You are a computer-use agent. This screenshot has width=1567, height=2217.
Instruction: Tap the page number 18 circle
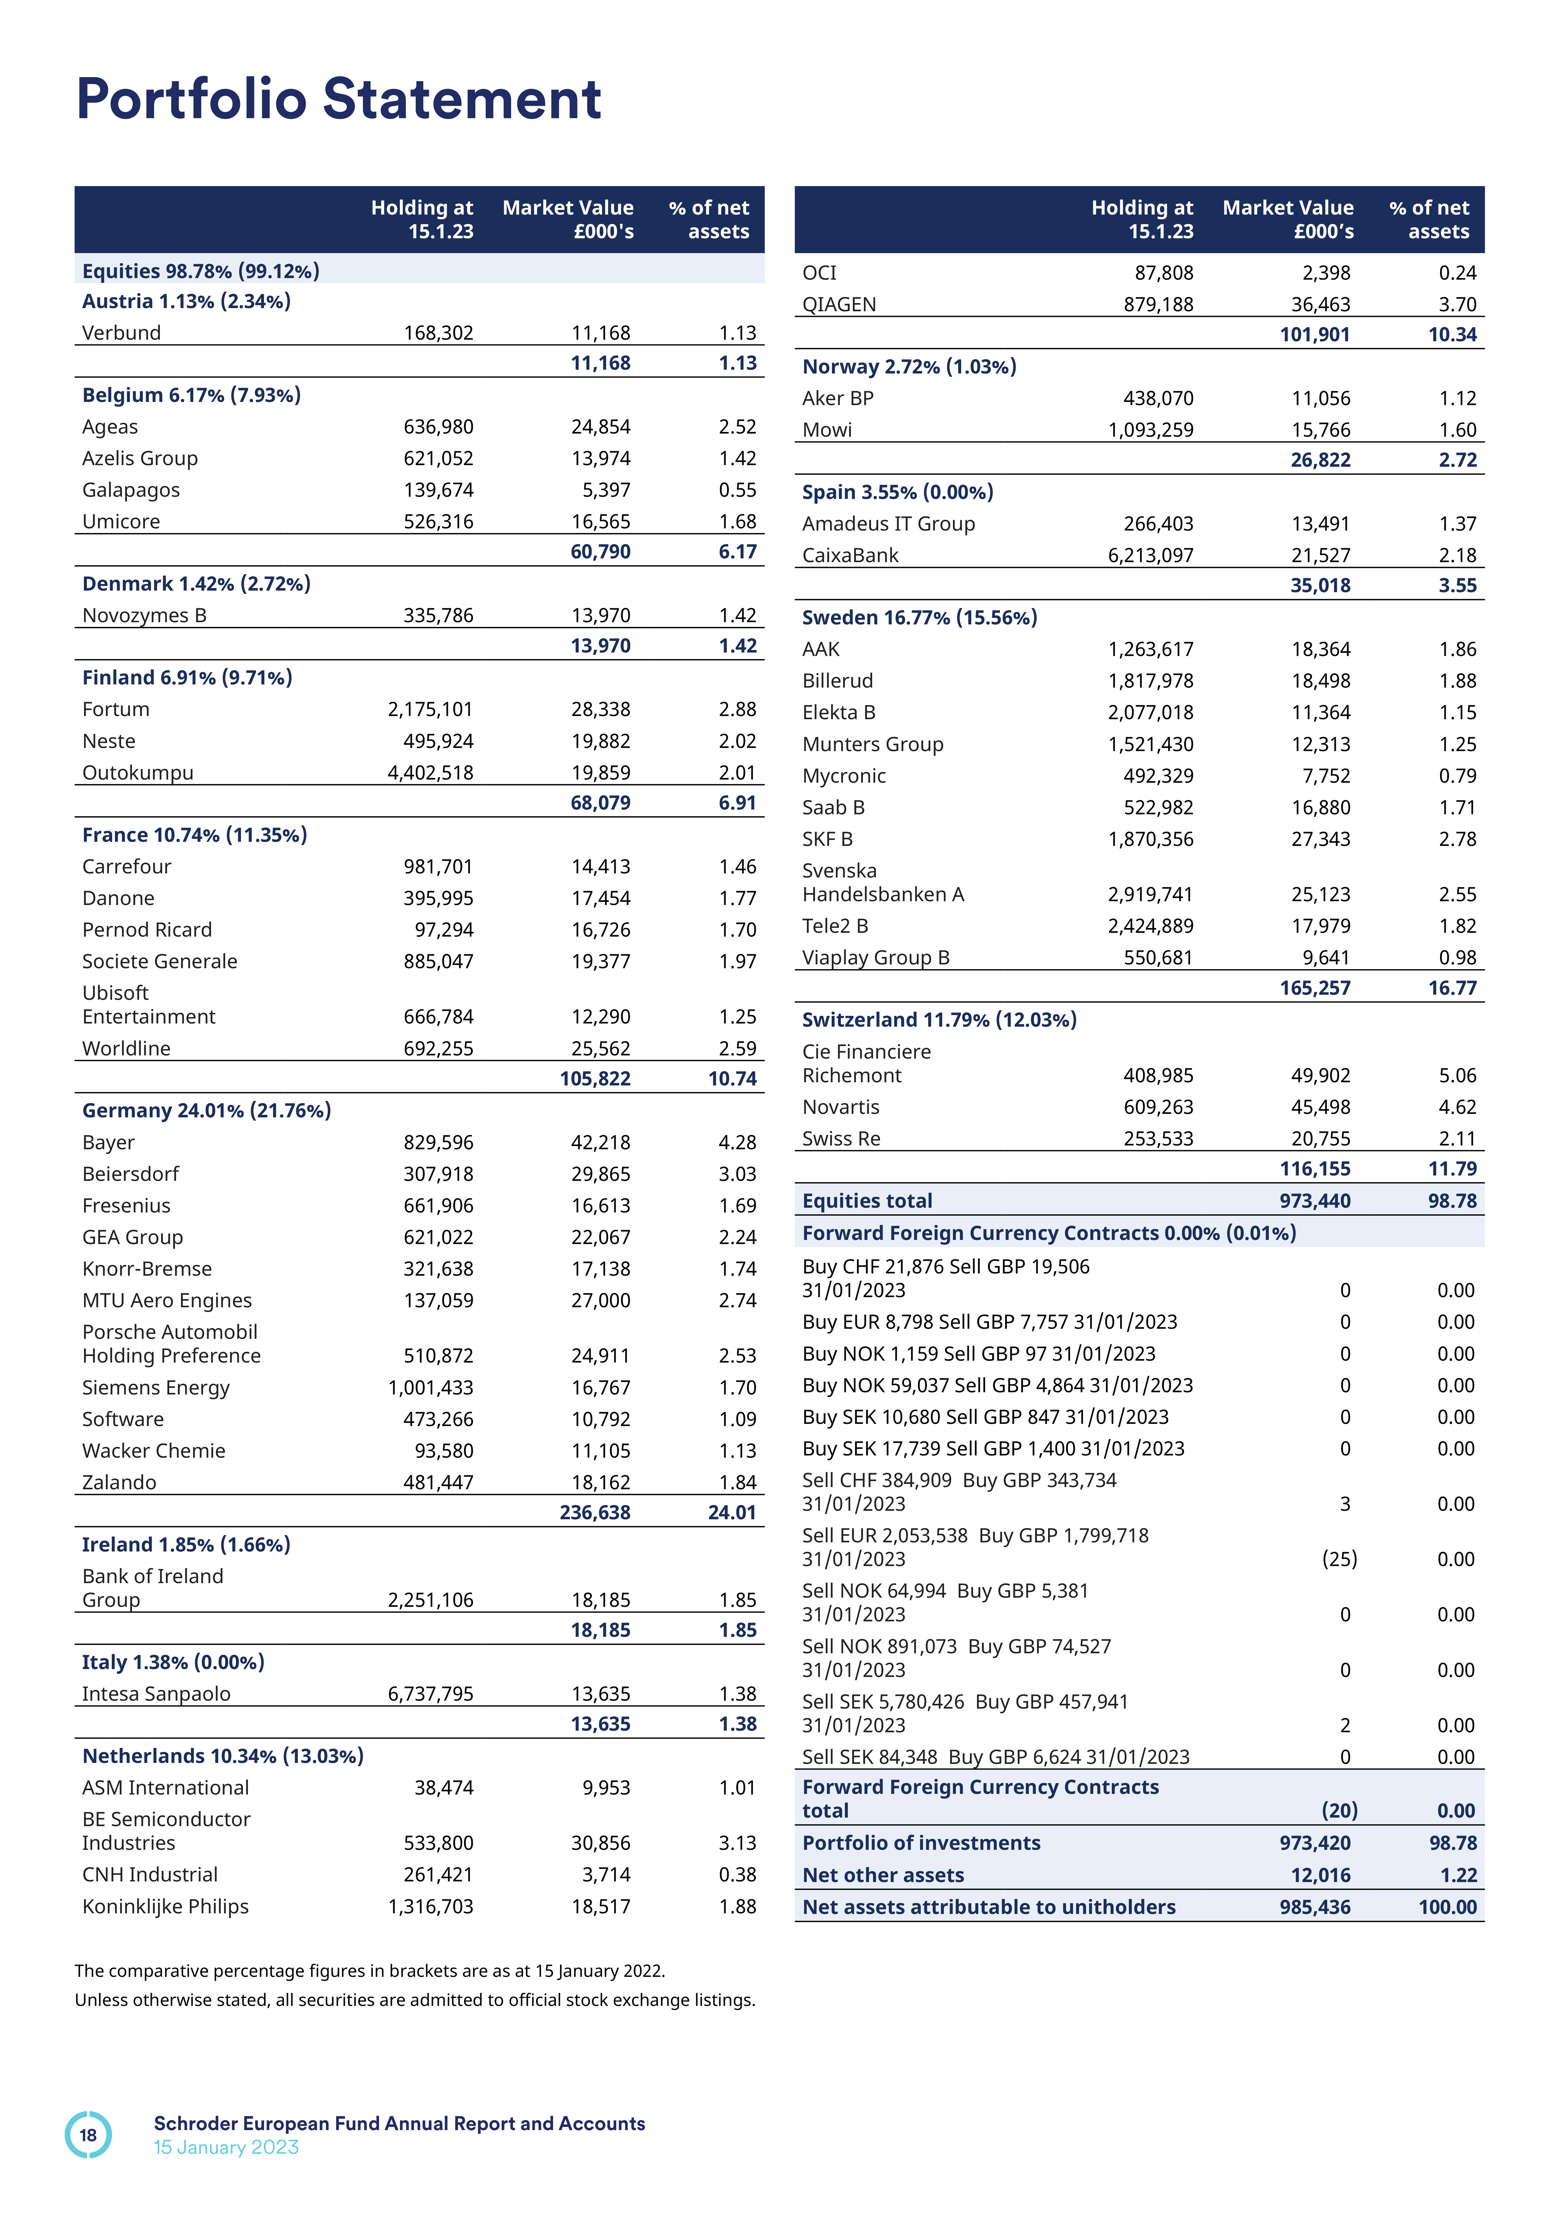88,2135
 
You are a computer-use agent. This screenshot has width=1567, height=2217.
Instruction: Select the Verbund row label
122,333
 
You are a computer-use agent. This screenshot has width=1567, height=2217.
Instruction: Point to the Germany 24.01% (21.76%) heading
207,1110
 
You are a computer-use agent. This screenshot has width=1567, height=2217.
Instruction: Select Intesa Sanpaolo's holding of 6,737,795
431,1694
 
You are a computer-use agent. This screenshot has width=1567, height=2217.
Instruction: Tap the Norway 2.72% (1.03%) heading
908,367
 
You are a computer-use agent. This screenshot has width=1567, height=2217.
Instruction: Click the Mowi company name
828,430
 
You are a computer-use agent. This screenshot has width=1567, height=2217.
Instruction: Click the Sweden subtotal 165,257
1315,988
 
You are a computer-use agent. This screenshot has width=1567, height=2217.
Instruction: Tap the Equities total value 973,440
1315,1201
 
